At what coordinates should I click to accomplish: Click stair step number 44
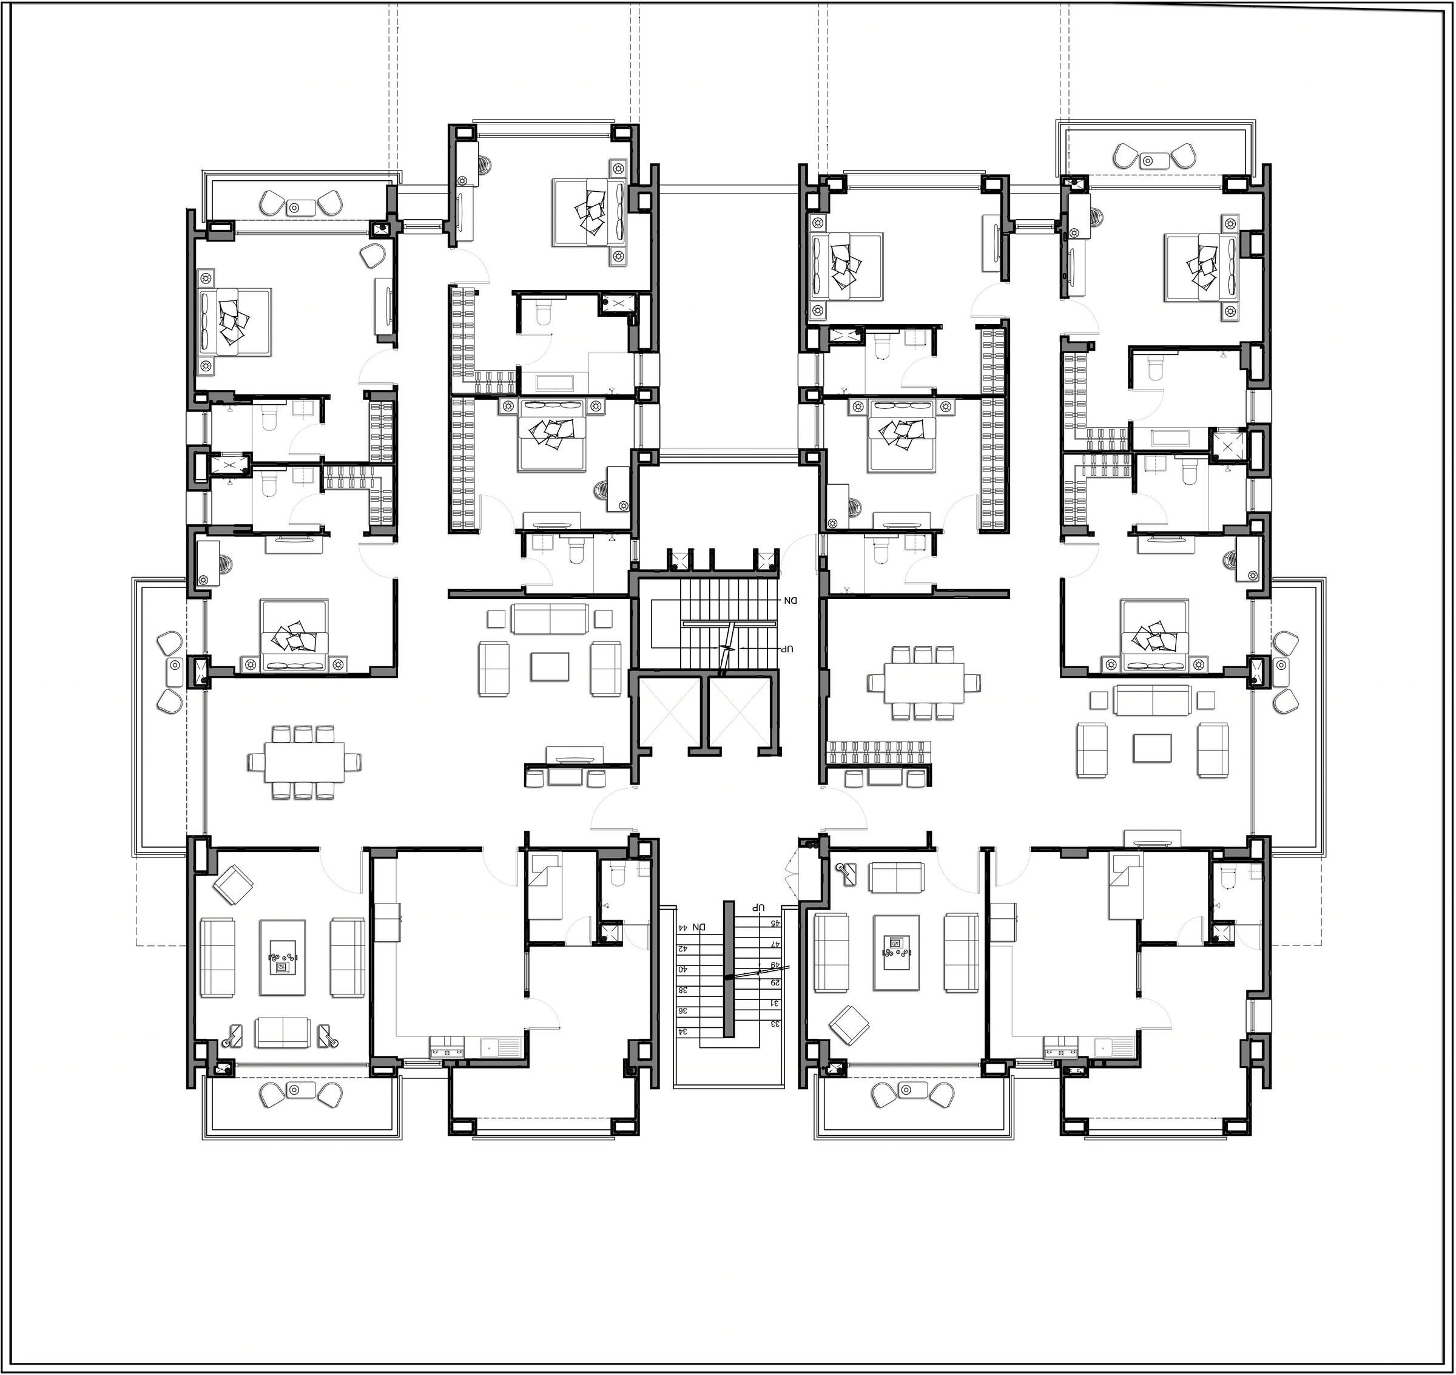683,927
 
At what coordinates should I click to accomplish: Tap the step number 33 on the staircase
775,1023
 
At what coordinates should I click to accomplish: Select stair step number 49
775,965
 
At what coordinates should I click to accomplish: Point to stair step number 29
775,983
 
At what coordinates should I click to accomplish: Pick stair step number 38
683,990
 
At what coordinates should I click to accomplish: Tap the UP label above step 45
759,907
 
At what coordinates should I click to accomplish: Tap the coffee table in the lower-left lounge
283,958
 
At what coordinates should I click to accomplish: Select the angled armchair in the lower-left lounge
234,885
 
